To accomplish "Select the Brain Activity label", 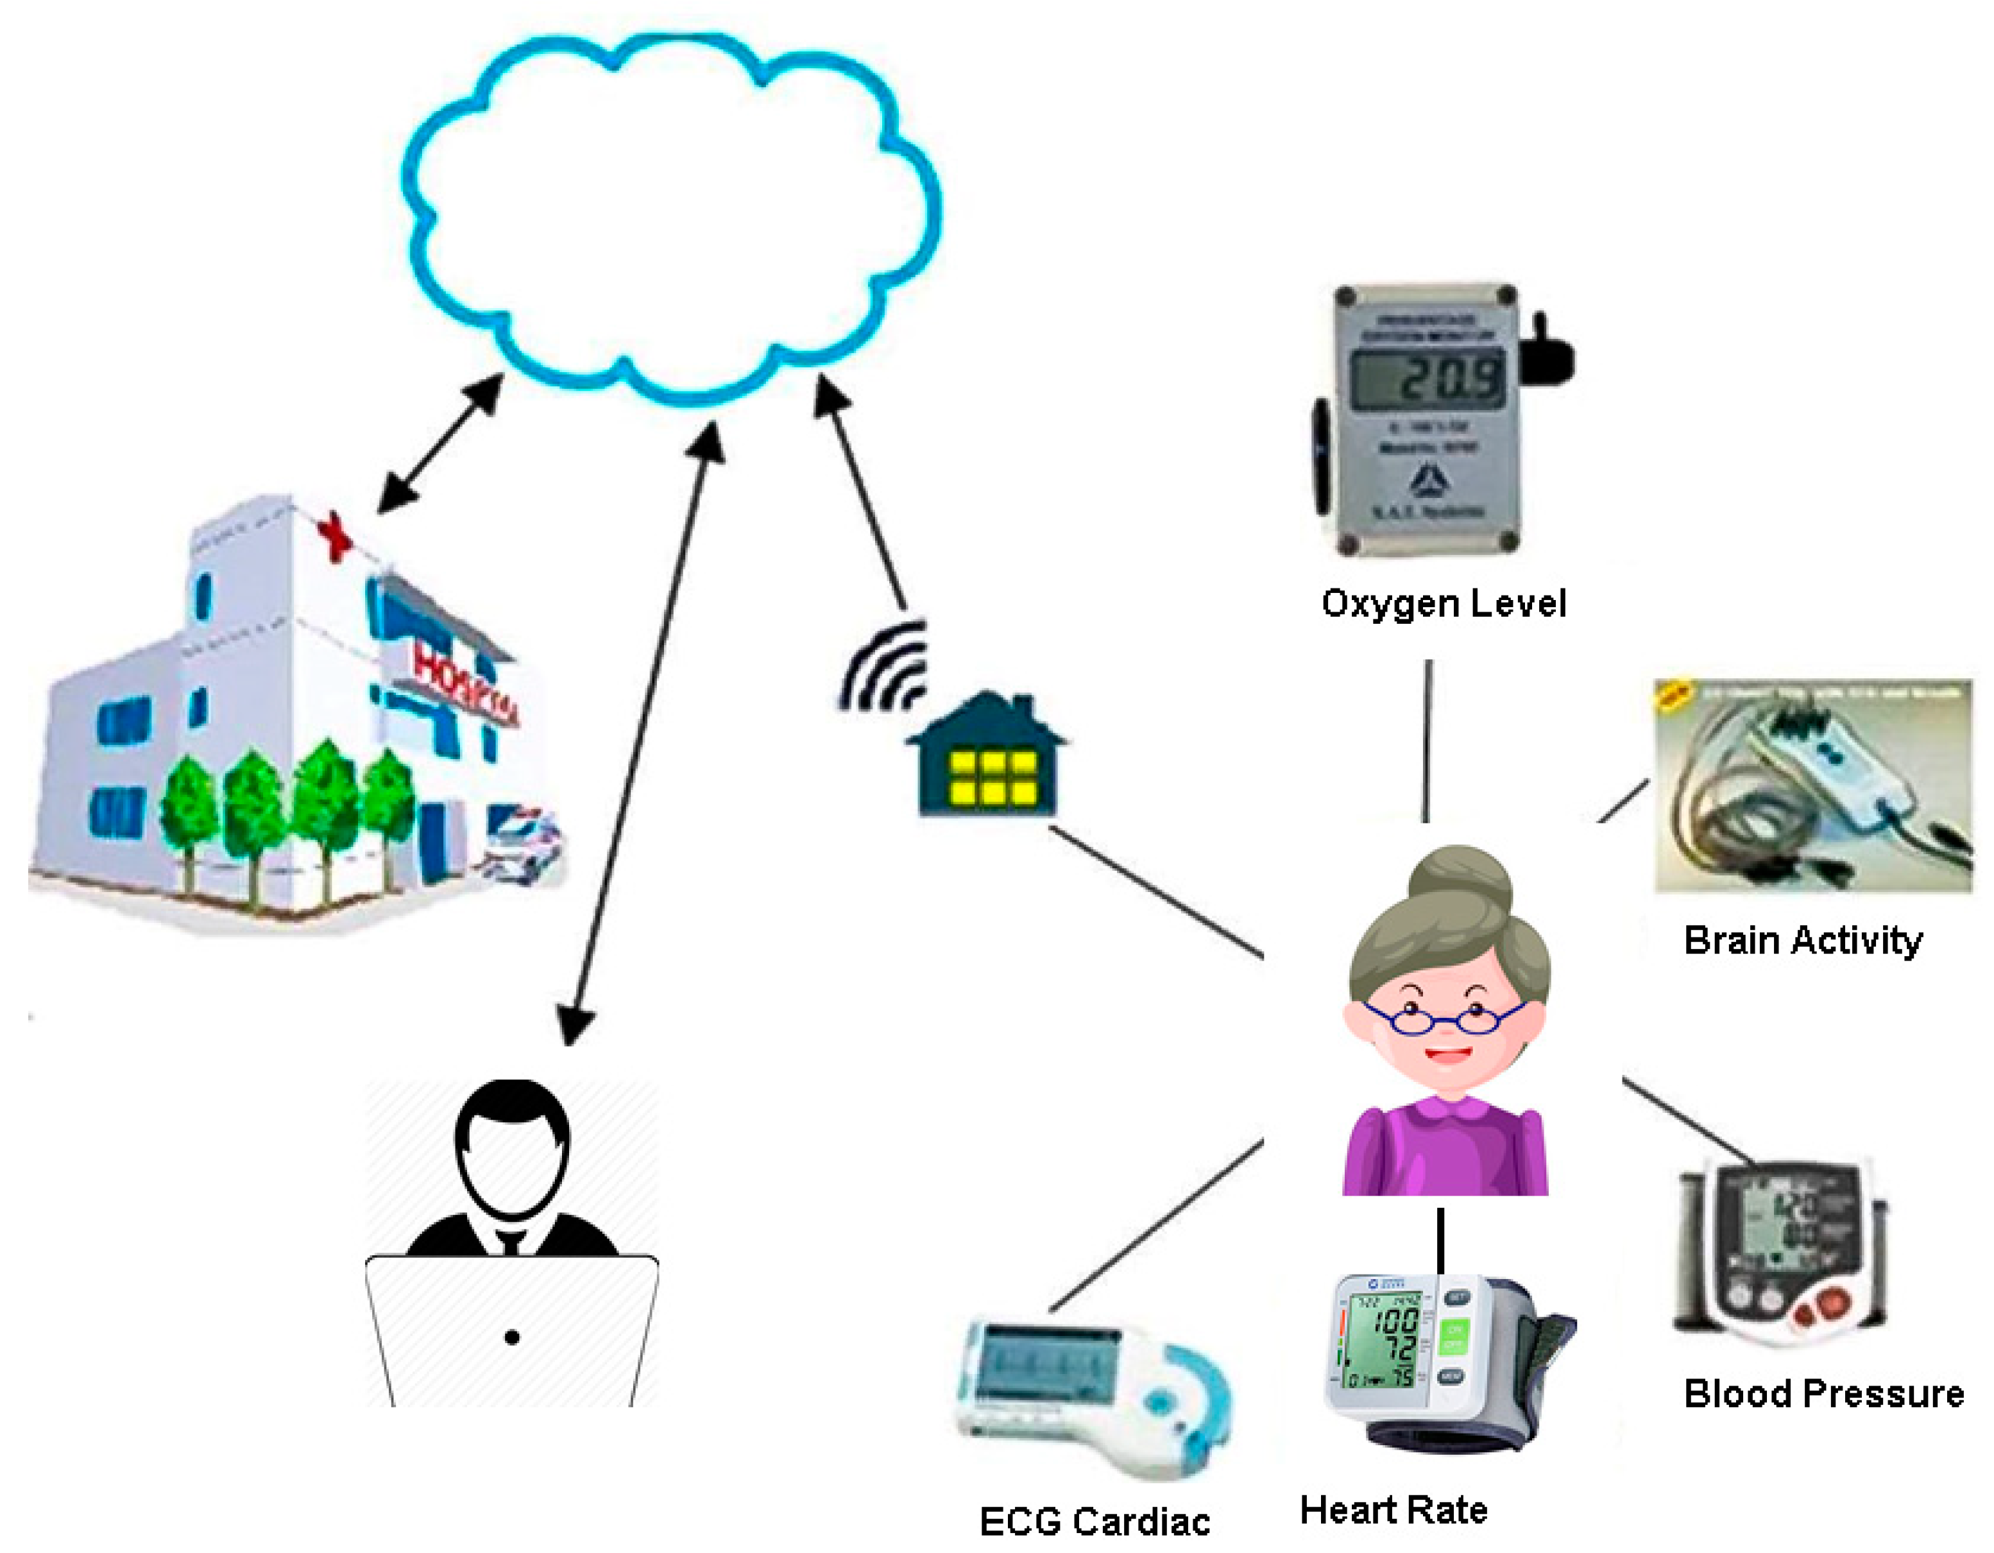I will click(1802, 940).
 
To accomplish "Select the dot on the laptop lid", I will click(512, 1337).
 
